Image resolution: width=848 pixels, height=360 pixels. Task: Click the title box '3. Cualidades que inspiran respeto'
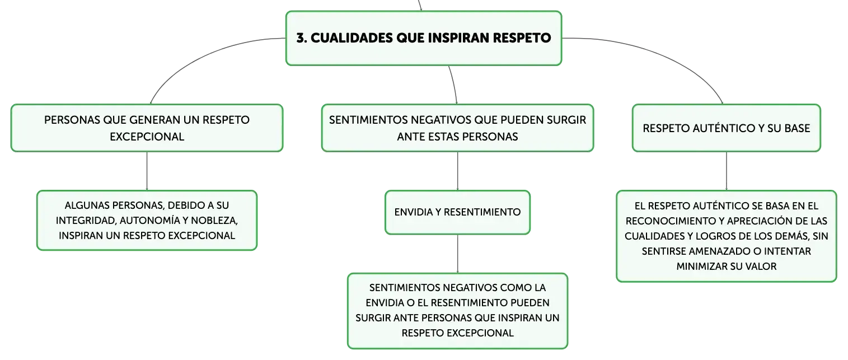[424, 38]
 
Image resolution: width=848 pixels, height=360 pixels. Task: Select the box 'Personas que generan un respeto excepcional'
[147, 128]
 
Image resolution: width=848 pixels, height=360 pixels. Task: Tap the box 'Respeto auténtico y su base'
[726, 128]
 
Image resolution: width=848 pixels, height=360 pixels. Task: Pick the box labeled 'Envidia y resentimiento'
[457, 212]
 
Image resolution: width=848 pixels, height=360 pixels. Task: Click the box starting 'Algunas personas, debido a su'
[147, 221]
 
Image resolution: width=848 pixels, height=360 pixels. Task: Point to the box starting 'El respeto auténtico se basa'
[726, 236]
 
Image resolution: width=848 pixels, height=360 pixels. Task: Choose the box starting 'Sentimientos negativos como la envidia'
[457, 311]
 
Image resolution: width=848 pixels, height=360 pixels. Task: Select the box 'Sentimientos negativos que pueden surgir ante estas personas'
[457, 128]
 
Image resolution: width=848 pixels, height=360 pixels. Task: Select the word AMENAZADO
[719, 251]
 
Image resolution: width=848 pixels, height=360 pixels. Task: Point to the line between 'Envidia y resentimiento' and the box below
[457, 254]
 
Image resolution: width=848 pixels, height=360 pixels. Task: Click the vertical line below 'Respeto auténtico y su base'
[726, 171]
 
